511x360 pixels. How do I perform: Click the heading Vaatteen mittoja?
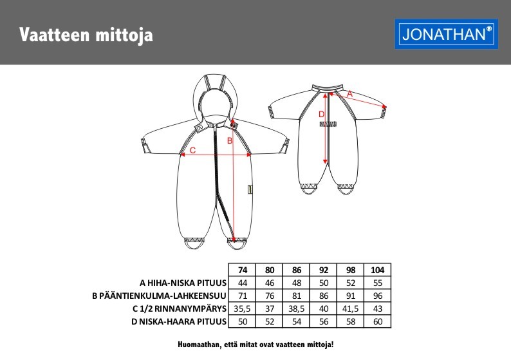click(x=86, y=34)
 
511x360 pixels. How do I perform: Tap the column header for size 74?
click(x=243, y=270)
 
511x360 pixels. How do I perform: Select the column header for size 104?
click(x=377, y=270)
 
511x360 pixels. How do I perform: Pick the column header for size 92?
click(x=323, y=270)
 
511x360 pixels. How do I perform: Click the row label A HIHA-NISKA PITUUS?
click(x=183, y=283)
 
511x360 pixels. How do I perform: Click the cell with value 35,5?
click(x=243, y=308)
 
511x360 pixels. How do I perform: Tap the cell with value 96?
click(x=377, y=296)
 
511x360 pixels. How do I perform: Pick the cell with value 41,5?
click(x=350, y=308)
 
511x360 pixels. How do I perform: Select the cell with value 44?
click(x=243, y=283)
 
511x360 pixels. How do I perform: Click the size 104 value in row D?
click(x=377, y=321)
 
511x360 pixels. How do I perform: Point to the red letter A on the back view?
click(x=350, y=94)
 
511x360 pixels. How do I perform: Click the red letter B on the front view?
click(x=229, y=138)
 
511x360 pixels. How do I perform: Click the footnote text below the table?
click(x=256, y=345)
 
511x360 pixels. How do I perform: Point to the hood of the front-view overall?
click(x=216, y=97)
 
